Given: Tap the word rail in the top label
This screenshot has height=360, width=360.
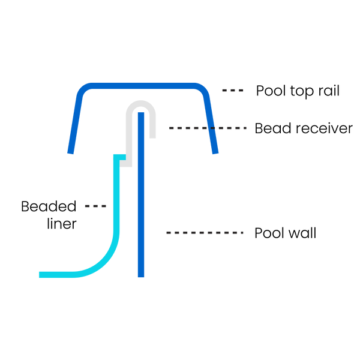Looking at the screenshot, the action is coord(329,91).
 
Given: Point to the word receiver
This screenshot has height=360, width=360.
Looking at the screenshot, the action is coord(323,128).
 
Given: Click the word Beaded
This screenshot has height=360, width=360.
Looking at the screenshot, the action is coord(49,206).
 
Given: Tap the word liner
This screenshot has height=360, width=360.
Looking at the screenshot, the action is coord(62,224).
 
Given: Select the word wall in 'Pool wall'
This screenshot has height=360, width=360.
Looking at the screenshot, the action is coord(302,233).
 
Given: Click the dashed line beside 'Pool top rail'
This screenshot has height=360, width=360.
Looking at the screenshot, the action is coord(233,91).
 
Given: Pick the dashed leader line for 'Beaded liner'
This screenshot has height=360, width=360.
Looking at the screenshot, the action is coord(95,206).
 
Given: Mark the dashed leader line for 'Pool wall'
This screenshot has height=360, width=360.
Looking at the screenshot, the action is coord(205,233).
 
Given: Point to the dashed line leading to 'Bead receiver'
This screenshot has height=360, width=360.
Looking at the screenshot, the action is coord(208,128).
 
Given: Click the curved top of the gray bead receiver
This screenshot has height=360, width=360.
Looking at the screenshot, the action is coord(141,103).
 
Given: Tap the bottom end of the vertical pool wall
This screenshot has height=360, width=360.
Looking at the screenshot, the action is coord(141,277).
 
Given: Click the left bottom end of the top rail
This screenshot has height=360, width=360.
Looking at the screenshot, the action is coord(70,153).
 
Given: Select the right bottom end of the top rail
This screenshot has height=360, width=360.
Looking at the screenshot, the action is coord(215,153).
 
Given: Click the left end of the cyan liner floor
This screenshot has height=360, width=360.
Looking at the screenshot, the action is coord(40,275).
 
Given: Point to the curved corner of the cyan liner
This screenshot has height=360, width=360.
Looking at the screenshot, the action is coord(104,262).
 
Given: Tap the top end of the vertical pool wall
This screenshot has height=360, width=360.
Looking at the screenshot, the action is coord(141,113).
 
